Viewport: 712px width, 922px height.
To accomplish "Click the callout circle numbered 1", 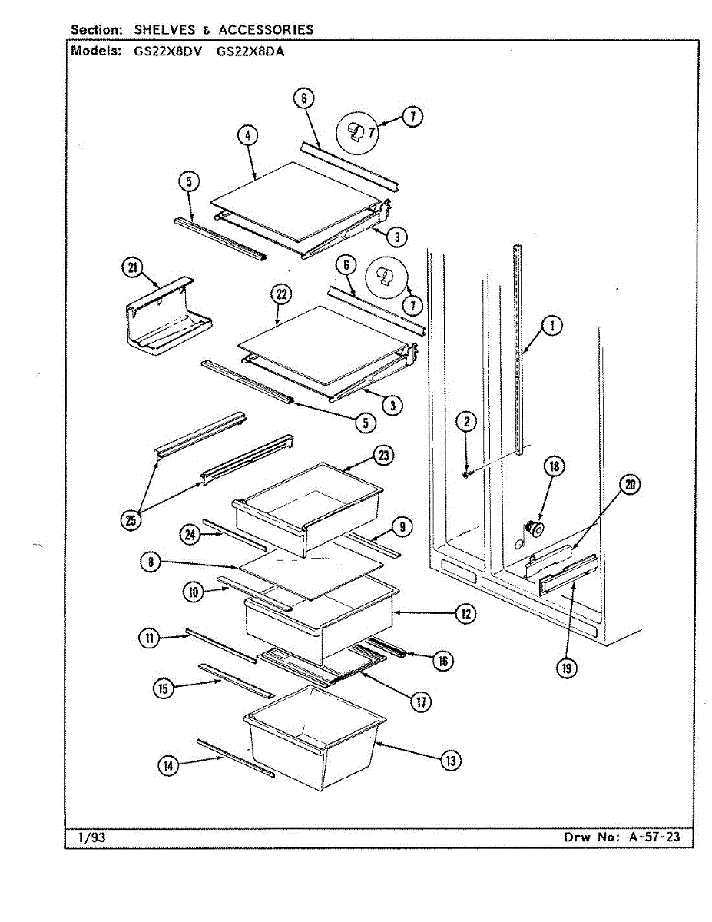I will coord(551,327).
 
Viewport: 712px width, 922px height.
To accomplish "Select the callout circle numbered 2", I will coord(465,421).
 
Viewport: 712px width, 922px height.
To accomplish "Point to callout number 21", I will coord(132,267).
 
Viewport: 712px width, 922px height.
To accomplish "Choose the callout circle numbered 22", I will coord(278,294).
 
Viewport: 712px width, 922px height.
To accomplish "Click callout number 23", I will coord(383,456).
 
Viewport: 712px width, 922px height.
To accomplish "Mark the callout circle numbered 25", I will coord(131,520).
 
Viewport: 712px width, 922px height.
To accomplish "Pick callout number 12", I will coord(464,613).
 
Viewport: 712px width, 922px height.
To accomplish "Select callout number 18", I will coord(553,466).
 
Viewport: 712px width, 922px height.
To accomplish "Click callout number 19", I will coord(567,668).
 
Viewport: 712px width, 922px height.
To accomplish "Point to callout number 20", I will coord(630,485).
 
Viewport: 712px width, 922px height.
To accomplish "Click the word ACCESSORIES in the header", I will coord(266,30).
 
